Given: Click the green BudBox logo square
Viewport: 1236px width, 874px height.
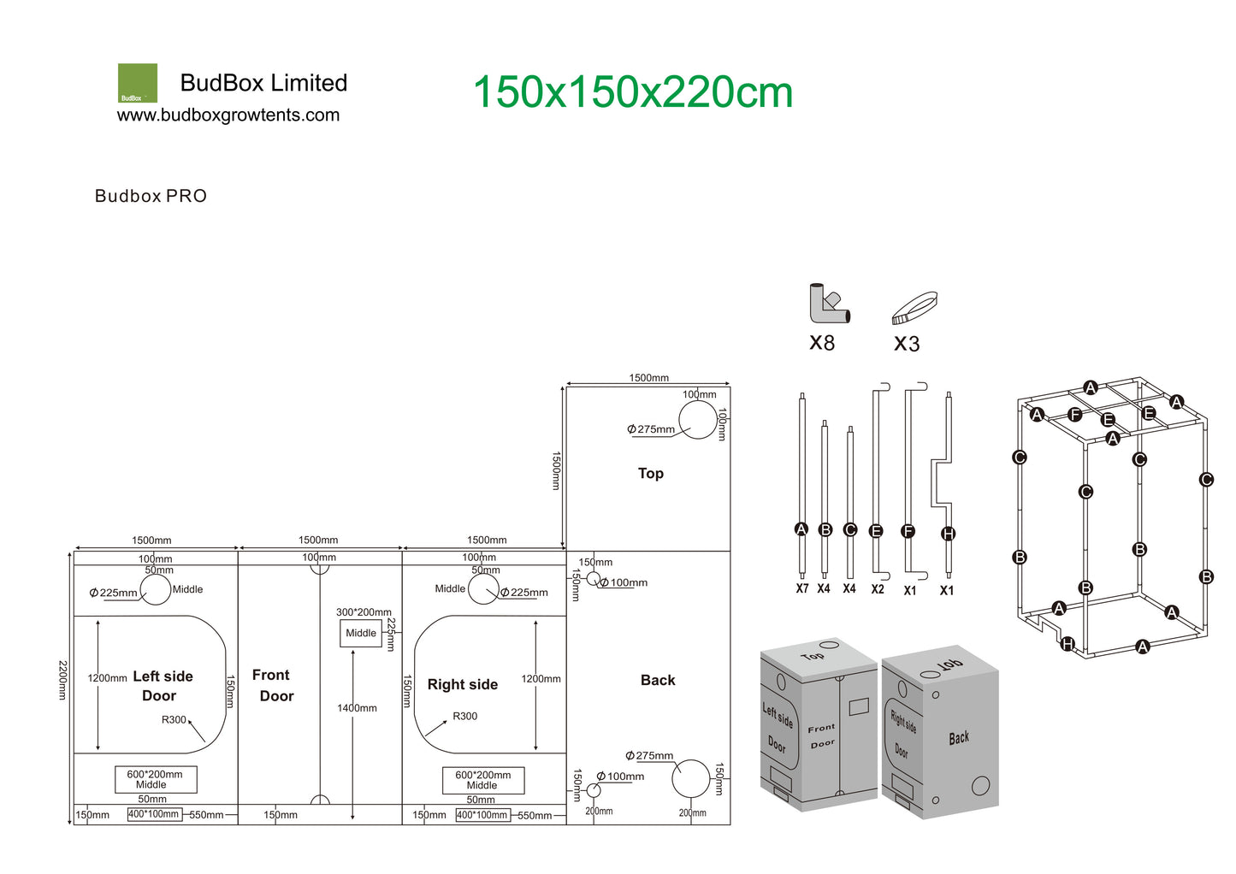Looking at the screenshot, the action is click(x=138, y=83).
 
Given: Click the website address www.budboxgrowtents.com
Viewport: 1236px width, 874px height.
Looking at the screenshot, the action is click(x=228, y=115).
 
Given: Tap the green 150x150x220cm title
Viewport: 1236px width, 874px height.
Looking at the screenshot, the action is click(x=633, y=92).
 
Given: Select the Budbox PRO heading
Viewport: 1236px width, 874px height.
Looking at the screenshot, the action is click(x=151, y=196).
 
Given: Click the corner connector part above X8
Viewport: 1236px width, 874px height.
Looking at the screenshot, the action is click(x=829, y=304).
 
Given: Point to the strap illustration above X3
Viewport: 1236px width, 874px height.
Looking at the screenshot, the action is click(x=914, y=308).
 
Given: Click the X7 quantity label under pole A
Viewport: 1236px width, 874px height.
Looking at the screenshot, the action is click(x=801, y=588).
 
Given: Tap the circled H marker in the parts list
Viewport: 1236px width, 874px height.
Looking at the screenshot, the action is click(x=948, y=534).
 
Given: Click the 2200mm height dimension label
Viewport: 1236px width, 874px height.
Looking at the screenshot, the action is click(x=63, y=680).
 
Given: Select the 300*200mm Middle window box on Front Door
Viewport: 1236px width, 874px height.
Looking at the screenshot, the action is click(x=361, y=634).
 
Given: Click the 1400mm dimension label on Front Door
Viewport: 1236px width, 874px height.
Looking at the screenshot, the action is click(x=357, y=708).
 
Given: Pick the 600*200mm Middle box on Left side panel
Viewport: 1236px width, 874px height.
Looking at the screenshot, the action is click(x=156, y=779).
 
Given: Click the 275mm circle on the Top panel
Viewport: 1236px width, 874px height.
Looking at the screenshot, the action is click(x=698, y=420).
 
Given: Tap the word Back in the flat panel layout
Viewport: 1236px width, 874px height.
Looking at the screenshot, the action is click(x=658, y=680).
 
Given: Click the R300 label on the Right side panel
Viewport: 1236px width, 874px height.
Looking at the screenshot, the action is click(x=464, y=716).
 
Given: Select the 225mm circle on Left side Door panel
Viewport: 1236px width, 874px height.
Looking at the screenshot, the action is click(x=156, y=589).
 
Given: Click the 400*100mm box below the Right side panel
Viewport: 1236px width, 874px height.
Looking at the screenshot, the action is click(x=482, y=815).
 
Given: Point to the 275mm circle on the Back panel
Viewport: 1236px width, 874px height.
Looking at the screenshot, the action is click(x=691, y=778).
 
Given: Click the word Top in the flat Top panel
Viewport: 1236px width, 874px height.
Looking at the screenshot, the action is click(x=651, y=474).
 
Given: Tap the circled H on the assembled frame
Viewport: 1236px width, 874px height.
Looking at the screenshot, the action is click(x=1067, y=644).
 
